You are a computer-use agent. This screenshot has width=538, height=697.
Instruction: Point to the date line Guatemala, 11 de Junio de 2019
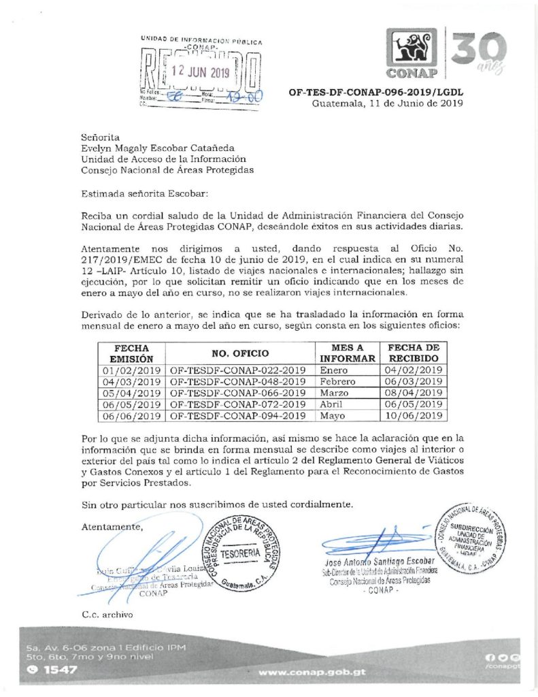point(387,103)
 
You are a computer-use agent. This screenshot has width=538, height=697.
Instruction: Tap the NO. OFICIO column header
point(240,353)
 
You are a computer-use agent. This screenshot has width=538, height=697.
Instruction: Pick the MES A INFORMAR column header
point(348,353)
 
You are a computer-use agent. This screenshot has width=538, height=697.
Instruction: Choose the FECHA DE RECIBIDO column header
point(413,353)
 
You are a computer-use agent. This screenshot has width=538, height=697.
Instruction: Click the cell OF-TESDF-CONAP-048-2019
point(238,382)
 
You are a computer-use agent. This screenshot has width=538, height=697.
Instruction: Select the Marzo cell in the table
point(333,393)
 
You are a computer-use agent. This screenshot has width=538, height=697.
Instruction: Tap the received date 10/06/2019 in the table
point(414,415)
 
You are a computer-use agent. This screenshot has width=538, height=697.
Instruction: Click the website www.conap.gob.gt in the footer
point(313,672)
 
